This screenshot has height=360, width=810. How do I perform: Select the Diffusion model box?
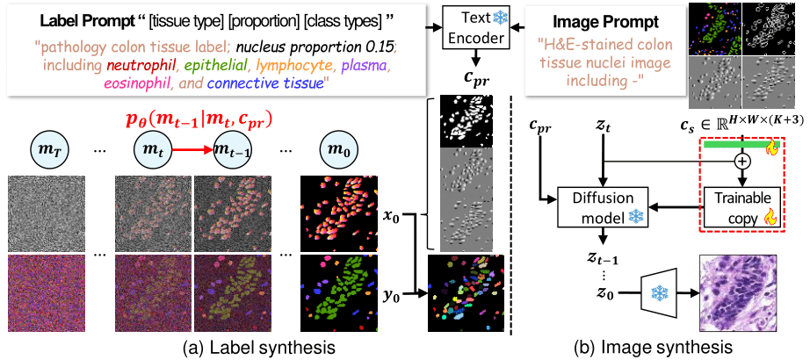603,206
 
